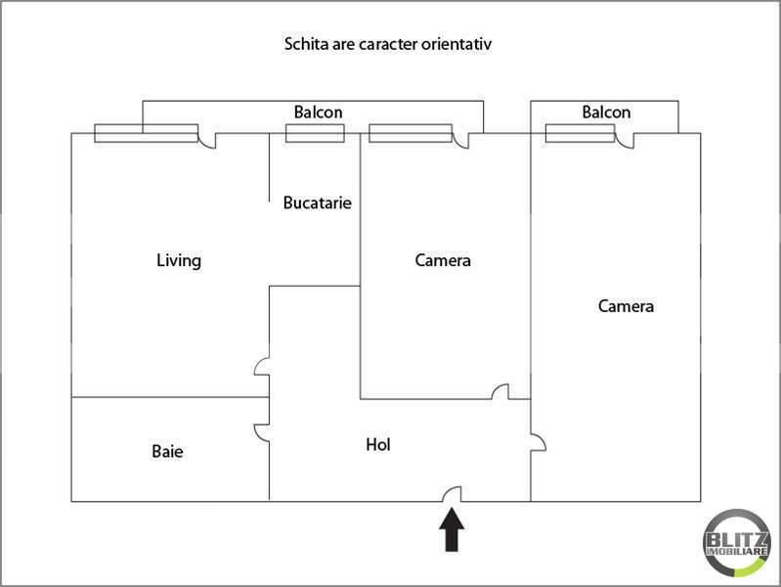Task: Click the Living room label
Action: (179, 260)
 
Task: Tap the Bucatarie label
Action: (318, 203)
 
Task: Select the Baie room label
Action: (167, 451)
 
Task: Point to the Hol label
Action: (378, 444)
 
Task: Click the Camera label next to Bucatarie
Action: (443, 260)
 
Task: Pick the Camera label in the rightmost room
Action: (627, 305)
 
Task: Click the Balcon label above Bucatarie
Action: (319, 112)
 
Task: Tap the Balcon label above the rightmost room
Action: (606, 112)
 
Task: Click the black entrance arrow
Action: (452, 529)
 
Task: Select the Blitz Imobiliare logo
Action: (737, 543)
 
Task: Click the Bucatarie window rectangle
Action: (315, 133)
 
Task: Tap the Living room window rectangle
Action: (147, 133)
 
